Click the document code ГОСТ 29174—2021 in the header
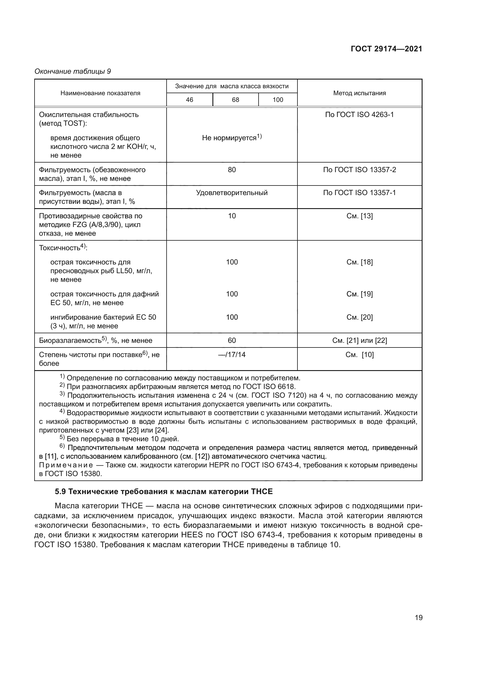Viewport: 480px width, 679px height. (386, 49)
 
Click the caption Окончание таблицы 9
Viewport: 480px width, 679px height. (73, 71)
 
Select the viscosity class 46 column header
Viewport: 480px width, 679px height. (190, 100)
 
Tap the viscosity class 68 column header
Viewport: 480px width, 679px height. (235, 100)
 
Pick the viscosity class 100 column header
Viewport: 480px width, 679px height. (278, 100)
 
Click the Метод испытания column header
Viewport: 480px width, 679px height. (359, 93)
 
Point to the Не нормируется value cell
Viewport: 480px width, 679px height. (232, 138)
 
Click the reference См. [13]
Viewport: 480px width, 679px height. (359, 216)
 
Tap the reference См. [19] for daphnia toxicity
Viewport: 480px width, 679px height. (359, 294)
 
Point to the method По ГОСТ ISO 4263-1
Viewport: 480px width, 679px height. (359, 115)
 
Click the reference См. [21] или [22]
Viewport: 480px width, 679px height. (359, 341)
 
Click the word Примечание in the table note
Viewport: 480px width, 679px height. (66, 465)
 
